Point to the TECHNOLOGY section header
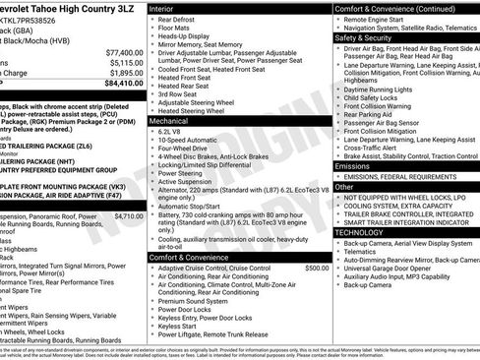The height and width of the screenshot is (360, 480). (367, 232)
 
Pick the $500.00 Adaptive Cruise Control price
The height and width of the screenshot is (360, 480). (317, 268)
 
